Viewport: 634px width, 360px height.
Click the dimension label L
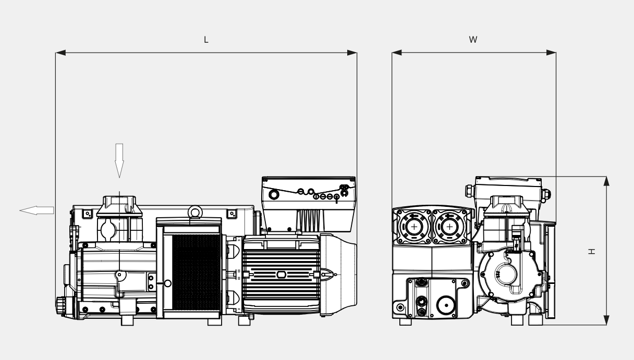tap(206, 40)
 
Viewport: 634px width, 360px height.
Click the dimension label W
tap(473, 40)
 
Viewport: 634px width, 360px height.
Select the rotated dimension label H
tap(592, 251)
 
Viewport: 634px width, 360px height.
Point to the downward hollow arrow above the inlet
tap(119, 160)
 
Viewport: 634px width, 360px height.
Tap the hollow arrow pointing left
tap(36, 210)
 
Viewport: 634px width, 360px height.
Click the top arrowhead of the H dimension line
tap(606, 181)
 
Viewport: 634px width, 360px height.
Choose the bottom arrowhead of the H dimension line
tap(606, 320)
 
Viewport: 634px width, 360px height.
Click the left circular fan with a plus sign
tap(414, 227)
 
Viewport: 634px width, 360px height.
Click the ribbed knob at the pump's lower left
tap(60, 305)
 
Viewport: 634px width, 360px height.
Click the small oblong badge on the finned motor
tap(281, 275)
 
